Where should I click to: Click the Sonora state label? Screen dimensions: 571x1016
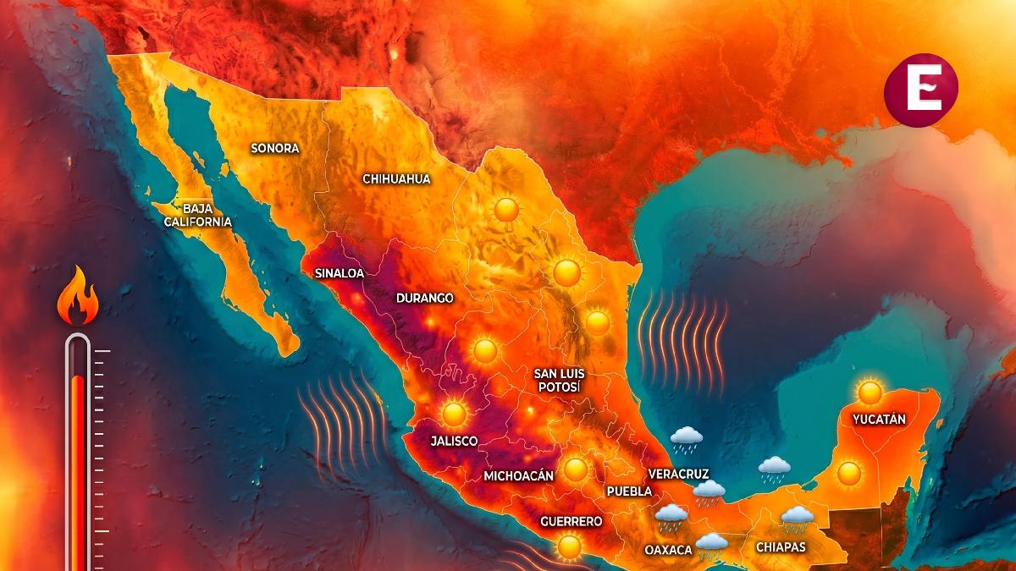[275, 148]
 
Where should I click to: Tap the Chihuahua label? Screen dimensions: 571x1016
[396, 178]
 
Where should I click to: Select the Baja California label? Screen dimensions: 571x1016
[196, 214]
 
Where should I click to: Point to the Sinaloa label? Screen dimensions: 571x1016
[339, 273]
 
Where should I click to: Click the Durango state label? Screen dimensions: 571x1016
[424, 298]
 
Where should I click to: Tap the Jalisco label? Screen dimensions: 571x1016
[454, 441]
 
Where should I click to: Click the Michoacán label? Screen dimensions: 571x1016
[518, 475]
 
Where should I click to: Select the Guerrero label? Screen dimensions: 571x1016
[571, 521]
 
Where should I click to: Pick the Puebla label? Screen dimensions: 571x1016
[629, 491]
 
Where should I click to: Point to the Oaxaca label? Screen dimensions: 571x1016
[668, 550]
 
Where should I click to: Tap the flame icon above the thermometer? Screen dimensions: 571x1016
[77, 298]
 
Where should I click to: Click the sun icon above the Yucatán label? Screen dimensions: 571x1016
[870, 392]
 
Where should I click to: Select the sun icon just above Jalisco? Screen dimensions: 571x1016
[455, 413]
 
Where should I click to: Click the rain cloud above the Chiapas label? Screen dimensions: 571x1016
[797, 518]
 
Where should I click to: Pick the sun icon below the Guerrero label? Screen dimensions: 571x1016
[570, 546]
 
